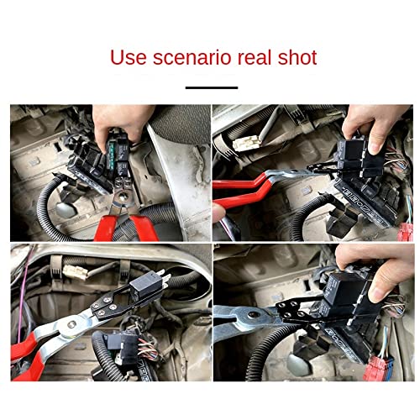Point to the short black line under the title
point(210,87)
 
